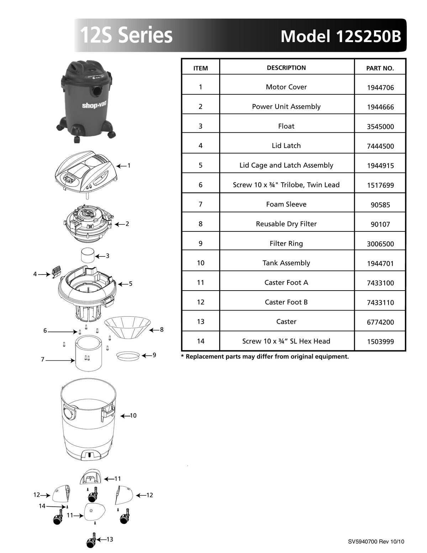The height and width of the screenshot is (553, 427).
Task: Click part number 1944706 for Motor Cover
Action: coord(380,88)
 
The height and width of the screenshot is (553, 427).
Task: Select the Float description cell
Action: coord(286,126)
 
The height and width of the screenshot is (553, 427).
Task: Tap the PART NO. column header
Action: coord(380,68)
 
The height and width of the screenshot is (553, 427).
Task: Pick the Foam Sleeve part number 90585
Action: coord(380,205)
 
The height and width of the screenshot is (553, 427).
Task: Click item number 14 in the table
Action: coord(201,341)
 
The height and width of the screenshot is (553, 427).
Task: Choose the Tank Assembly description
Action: coord(286,263)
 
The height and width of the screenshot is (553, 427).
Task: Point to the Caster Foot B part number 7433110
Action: coord(380,302)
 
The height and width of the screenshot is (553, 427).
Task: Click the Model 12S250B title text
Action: coord(341,36)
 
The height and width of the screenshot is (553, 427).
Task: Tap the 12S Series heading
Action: coord(126,36)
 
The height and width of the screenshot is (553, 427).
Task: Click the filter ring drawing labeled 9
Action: coord(128,355)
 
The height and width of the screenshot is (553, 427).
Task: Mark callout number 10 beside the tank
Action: coord(133,416)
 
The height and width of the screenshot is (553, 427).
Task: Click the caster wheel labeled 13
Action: coord(91,541)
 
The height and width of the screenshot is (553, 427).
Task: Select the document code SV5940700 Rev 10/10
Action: coord(376,542)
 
